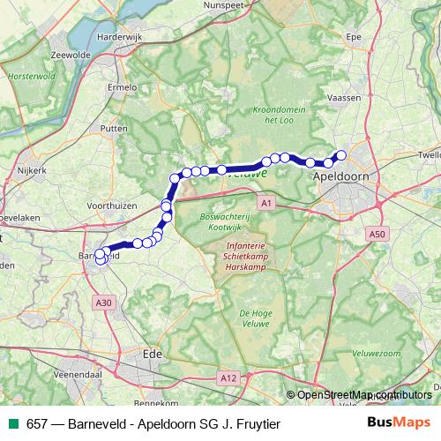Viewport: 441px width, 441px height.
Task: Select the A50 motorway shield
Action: pos(377,234)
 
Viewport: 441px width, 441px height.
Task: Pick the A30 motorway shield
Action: pos(104,303)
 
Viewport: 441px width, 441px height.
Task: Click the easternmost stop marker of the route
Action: pos(341,156)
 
